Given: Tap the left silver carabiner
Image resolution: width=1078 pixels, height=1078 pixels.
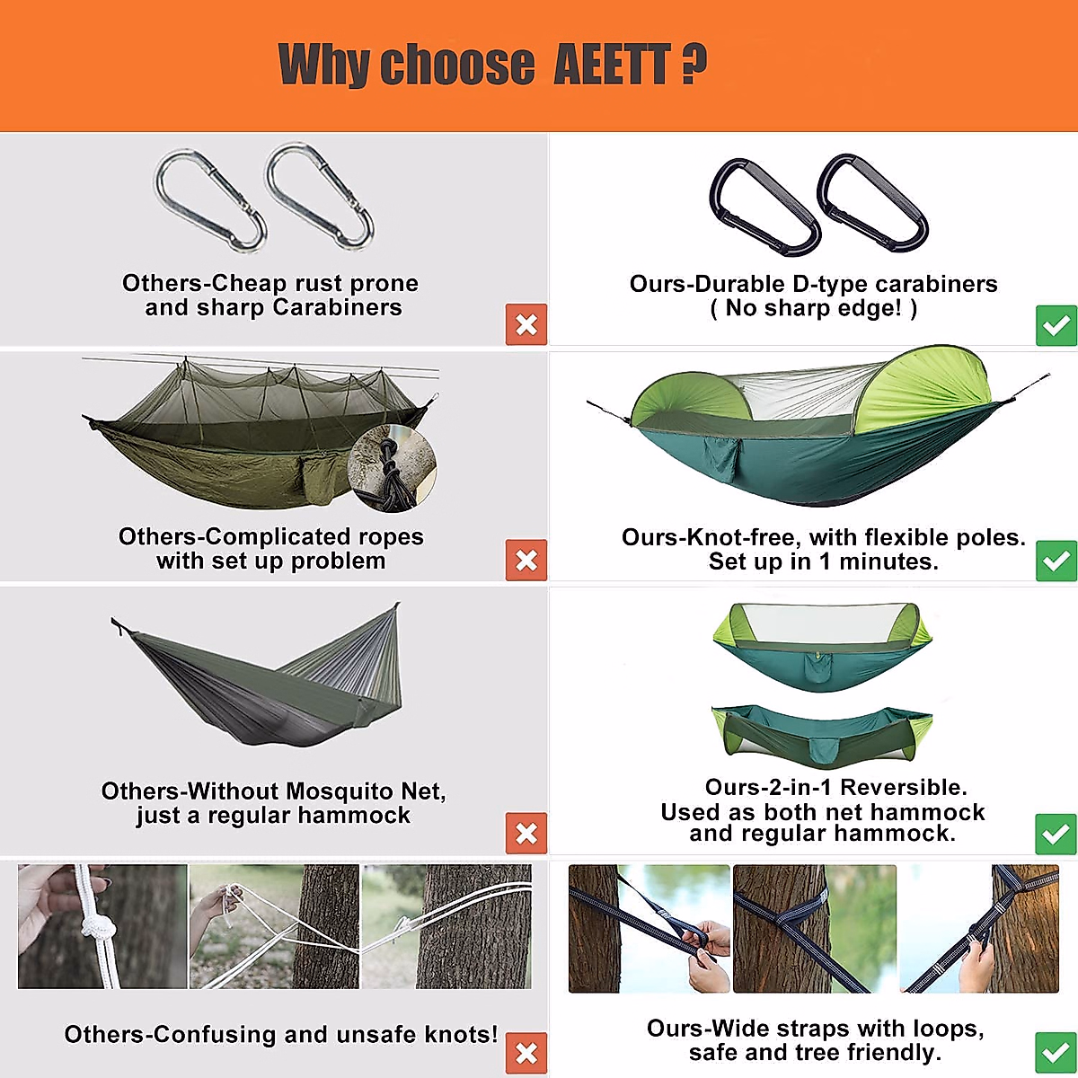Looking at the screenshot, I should tap(210, 199).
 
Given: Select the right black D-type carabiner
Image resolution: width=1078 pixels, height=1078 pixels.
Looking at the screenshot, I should tap(872, 203).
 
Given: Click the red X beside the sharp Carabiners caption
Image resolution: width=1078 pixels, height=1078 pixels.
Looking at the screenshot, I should tap(526, 324).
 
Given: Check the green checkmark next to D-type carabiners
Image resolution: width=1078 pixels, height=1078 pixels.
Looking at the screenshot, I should tap(1056, 324).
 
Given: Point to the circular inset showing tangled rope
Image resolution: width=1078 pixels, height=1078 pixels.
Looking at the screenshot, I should tap(392, 469).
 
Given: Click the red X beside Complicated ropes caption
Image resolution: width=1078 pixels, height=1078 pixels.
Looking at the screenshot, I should tap(526, 561).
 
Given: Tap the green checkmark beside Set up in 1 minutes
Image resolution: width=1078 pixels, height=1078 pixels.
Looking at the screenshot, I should tap(1056, 561).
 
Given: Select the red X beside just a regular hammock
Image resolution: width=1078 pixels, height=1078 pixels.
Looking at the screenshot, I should tap(526, 834).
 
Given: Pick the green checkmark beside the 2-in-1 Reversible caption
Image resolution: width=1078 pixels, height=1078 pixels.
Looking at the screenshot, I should tap(1056, 834).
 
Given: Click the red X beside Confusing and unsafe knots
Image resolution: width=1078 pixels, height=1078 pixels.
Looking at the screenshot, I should tap(526, 1053).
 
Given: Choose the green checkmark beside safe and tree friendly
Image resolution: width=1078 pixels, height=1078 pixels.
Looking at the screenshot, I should tap(1056, 1053).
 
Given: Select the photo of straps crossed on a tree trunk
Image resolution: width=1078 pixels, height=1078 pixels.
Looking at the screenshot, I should tap(814, 928).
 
